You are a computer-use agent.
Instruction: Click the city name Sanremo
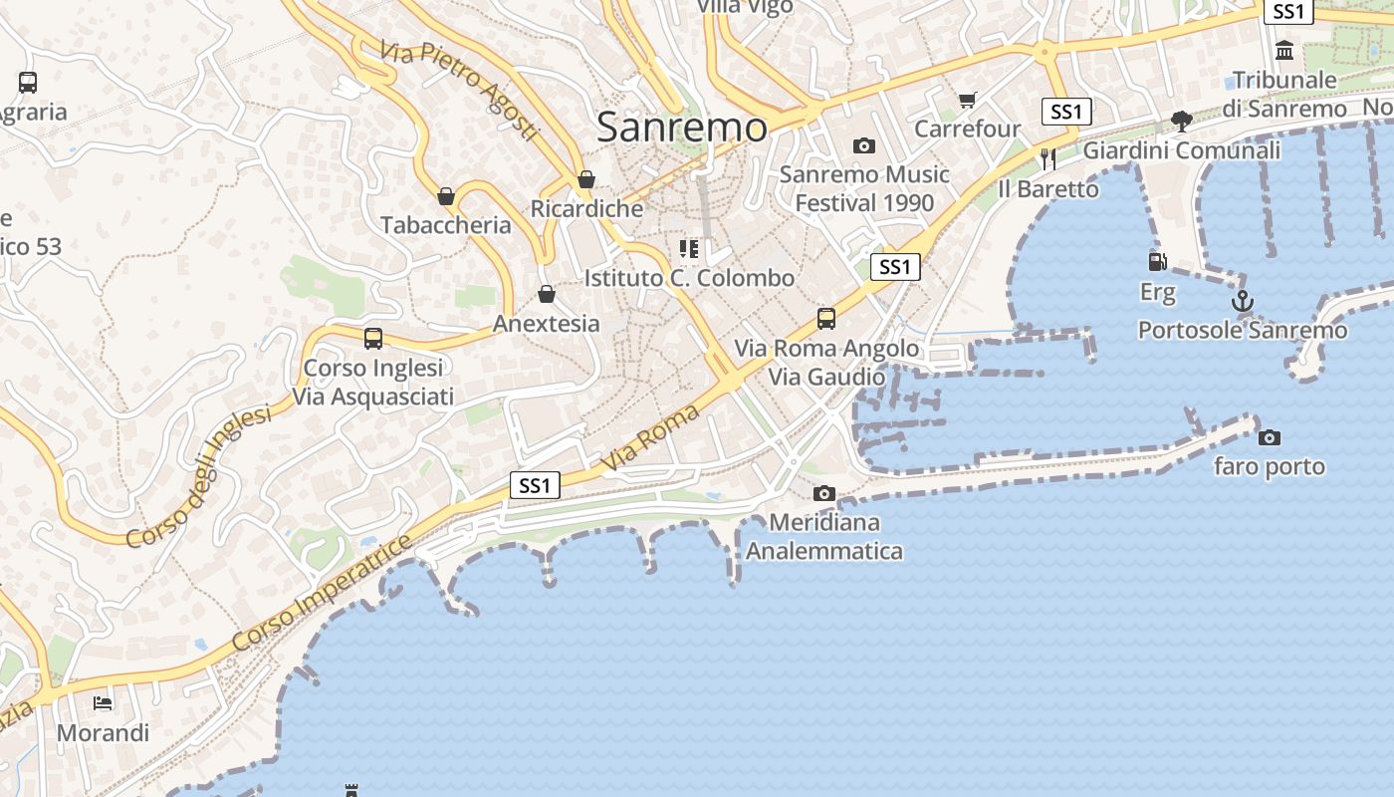point(682,127)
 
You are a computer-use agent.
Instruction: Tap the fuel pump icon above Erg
point(1157,262)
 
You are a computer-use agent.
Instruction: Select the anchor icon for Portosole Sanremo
point(1242,300)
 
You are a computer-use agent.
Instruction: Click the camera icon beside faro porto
point(1270,437)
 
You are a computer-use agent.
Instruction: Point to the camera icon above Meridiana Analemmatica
point(823,493)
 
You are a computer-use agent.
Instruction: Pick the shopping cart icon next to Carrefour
point(967,100)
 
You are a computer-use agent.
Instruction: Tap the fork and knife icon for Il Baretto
point(1047,158)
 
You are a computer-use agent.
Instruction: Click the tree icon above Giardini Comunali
point(1182,122)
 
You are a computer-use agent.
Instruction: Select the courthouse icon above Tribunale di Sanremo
point(1284,50)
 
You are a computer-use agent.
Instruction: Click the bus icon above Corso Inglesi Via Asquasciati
point(373,339)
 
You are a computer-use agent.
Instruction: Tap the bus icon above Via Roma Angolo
point(826,319)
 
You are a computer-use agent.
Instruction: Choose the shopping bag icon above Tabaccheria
point(446,196)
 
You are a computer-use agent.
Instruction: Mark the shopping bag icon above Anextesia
point(546,294)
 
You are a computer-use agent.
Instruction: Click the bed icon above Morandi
point(103,703)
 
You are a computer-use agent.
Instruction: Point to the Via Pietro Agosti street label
point(459,90)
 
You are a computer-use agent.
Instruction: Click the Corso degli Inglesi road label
point(199,476)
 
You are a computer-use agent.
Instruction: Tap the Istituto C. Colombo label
point(689,278)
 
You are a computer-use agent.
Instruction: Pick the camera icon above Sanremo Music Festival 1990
point(864,146)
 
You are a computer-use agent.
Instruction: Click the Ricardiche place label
point(586,209)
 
